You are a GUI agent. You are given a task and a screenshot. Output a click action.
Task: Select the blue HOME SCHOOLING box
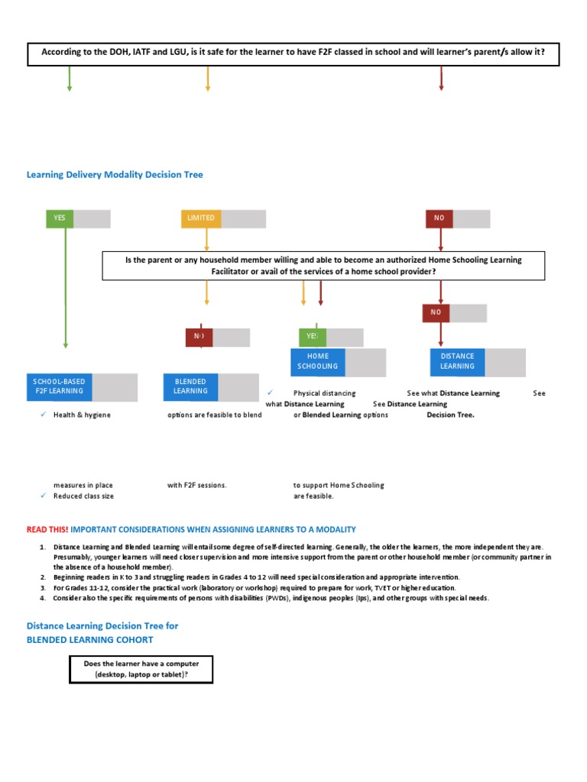click(x=317, y=361)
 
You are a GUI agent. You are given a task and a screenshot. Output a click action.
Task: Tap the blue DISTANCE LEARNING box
click(x=457, y=361)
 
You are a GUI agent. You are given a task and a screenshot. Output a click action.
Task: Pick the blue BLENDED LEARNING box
click(x=191, y=386)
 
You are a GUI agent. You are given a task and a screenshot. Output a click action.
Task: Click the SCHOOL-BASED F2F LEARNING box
click(x=60, y=386)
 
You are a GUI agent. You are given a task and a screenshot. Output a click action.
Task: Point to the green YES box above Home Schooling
click(x=312, y=337)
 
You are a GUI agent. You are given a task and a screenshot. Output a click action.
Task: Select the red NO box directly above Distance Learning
click(x=436, y=312)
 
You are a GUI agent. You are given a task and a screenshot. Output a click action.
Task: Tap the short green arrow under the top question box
click(x=70, y=79)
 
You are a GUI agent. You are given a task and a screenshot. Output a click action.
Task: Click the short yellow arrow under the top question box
click(x=207, y=79)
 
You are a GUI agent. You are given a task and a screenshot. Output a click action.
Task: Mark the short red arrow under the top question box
click(x=441, y=79)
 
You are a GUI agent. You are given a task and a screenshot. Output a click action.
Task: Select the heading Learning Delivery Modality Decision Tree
click(x=115, y=175)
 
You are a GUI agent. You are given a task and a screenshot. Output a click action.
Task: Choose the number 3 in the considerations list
click(x=43, y=588)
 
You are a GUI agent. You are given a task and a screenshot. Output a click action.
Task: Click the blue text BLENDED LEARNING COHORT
click(x=90, y=639)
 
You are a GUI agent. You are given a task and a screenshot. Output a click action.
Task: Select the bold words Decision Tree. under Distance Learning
click(x=450, y=415)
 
